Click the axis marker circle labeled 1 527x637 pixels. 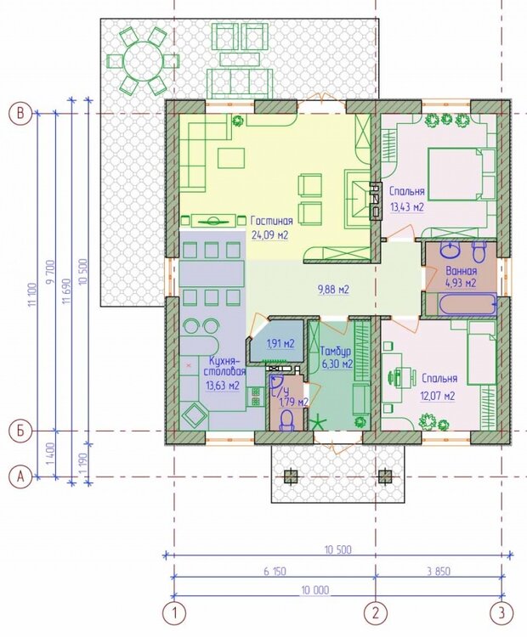click(x=174, y=612)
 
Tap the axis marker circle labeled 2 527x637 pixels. click(x=375, y=612)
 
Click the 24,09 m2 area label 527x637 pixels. click(x=269, y=234)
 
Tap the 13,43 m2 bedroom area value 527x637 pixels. click(x=407, y=206)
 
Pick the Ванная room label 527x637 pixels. click(x=460, y=271)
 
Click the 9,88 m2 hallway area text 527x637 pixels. click(x=333, y=290)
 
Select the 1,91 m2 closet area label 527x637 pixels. click(x=280, y=344)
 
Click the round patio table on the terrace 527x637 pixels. click(x=143, y=59)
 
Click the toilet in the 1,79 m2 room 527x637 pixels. click(x=286, y=420)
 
